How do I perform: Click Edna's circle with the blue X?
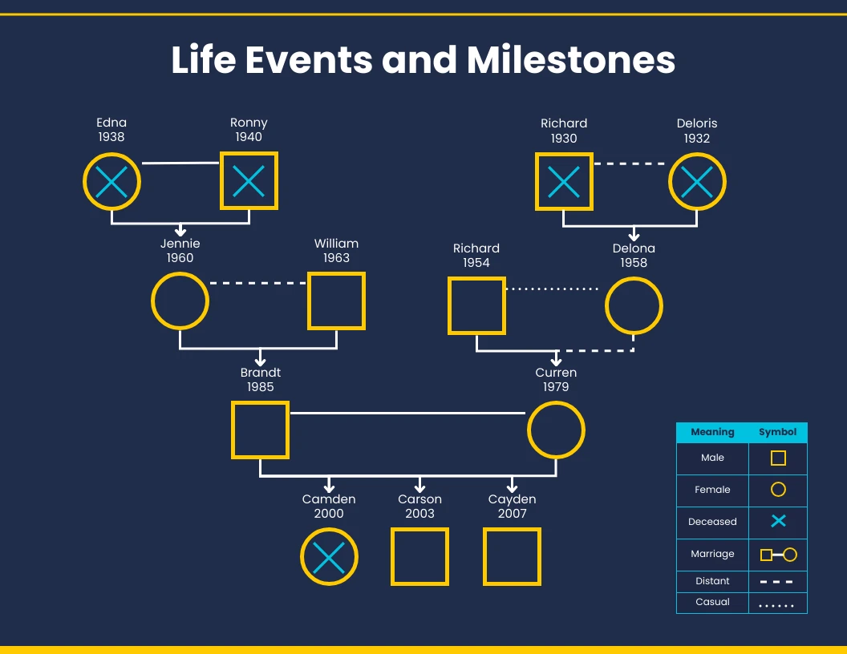111,183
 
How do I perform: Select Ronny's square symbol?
249,180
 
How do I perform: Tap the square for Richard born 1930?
564,182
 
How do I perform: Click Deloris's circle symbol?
697,182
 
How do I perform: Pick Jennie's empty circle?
180,301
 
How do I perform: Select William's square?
337,301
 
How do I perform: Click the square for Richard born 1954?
476,305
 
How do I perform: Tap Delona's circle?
634,306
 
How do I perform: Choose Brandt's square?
260,430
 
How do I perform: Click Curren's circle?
556,430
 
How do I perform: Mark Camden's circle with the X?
329,557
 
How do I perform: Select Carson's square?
419,556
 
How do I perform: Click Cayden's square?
512,556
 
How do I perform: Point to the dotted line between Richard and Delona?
553,289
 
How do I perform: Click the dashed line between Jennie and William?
258,283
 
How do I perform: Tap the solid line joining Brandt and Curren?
407,413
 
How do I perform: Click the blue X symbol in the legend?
778,521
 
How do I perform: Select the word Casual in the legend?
712,602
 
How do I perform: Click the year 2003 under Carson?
419,514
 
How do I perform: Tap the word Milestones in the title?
570,60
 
